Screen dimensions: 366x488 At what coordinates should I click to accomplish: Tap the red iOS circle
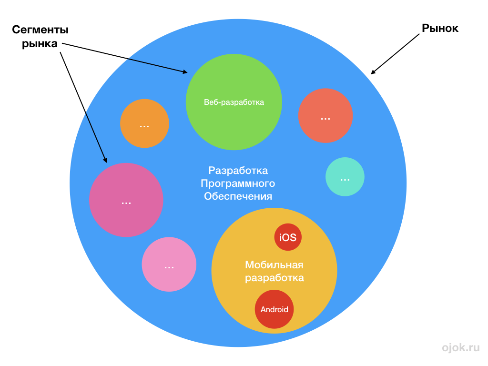pyautogui.click(x=288, y=237)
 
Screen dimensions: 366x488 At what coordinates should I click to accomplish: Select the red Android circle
pyautogui.click(x=274, y=309)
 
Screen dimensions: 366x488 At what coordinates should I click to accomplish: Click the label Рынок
pyautogui.click(x=440, y=29)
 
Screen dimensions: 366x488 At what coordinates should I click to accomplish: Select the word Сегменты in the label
pyautogui.click(x=41, y=30)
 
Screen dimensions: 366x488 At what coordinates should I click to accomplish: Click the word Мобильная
pyautogui.click(x=274, y=265)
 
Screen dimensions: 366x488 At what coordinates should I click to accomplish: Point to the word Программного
pyautogui.click(x=238, y=183)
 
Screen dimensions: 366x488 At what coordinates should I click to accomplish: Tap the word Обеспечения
pyautogui.click(x=238, y=196)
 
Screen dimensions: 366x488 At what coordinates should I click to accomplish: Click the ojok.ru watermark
pyautogui.click(x=460, y=347)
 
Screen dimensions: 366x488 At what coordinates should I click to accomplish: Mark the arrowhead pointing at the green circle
pyautogui.click(x=185, y=72)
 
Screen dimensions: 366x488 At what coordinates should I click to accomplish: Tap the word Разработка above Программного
pyautogui.click(x=238, y=171)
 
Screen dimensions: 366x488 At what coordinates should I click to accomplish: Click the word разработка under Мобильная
pyautogui.click(x=274, y=278)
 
